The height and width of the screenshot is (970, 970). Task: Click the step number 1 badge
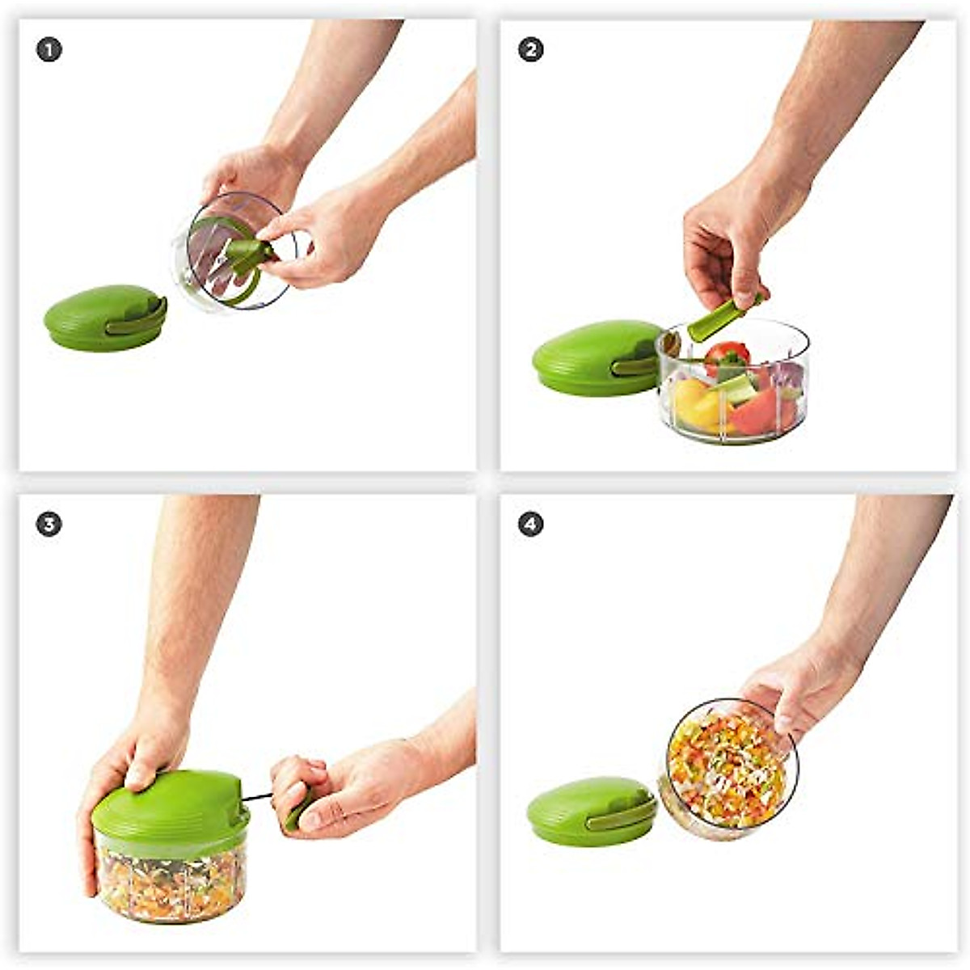point(48,50)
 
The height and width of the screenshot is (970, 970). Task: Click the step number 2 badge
point(530,50)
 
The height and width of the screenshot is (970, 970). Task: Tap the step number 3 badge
point(48,525)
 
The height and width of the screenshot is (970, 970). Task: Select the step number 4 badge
point(530,525)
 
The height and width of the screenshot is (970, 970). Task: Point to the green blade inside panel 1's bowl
point(242,255)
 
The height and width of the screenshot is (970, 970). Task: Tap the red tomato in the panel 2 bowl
point(726,353)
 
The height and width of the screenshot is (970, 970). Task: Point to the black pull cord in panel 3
point(257,798)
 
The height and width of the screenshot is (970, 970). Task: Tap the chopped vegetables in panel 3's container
point(170,885)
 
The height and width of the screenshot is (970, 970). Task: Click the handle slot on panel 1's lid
point(137,320)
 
